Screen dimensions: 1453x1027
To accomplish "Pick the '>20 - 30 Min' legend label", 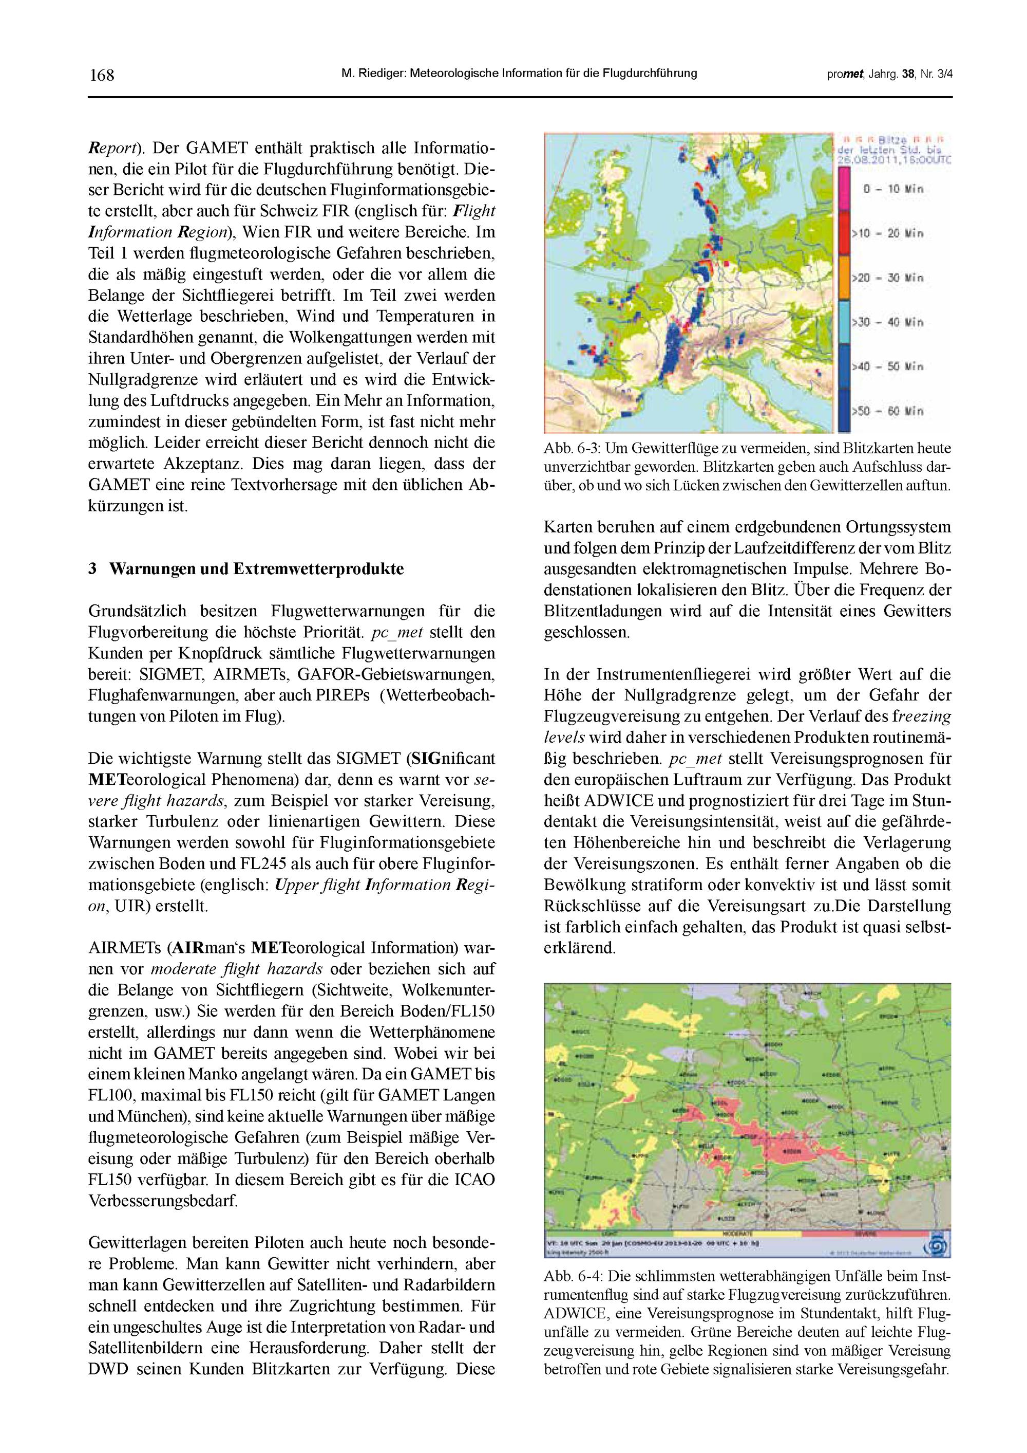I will pyautogui.click(x=887, y=278).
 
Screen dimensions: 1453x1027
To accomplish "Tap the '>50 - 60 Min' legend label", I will pyautogui.click(x=887, y=411).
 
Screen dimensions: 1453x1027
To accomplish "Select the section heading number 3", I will pyautogui.click(x=92, y=569).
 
